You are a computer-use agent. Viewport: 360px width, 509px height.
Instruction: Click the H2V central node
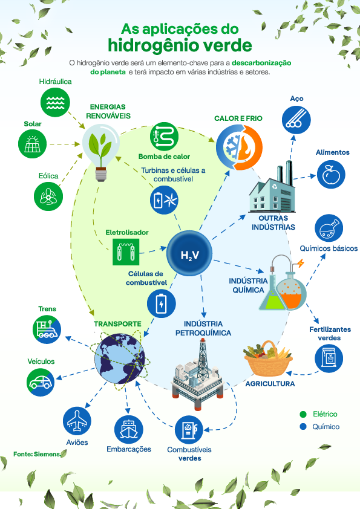(189, 253)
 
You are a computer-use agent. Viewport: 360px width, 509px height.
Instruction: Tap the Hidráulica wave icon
(55, 102)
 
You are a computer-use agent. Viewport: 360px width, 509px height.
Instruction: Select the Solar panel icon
(32, 144)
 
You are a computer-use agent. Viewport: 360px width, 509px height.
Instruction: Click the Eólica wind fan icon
(48, 196)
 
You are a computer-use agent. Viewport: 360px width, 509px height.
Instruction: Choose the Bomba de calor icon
(164, 137)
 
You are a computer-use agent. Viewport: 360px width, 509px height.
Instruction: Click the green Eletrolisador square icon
(126, 252)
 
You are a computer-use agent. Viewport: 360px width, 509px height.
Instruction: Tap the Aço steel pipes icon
(296, 120)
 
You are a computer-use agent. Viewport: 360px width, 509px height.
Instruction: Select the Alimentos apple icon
(331, 175)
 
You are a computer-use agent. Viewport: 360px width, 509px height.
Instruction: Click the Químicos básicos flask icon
(329, 228)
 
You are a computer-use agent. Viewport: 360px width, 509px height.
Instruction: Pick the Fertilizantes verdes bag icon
(329, 358)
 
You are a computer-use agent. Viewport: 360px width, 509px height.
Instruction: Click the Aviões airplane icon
(77, 421)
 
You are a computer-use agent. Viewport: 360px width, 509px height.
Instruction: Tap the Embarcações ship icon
(129, 429)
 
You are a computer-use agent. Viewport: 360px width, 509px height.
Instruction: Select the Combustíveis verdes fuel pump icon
(189, 430)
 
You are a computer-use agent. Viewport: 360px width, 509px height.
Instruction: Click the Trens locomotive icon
(47, 329)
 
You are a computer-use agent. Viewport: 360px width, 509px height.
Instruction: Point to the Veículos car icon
(41, 382)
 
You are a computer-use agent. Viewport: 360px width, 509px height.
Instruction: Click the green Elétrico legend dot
(303, 414)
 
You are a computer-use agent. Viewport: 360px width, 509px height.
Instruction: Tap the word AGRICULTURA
(270, 384)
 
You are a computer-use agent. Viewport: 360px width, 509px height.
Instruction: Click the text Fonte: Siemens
(37, 454)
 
